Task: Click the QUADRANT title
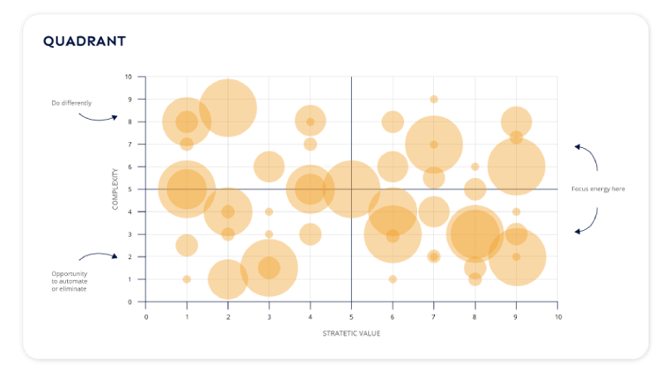[x=85, y=41]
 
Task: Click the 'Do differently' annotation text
[x=70, y=103]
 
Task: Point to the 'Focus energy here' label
[x=598, y=189]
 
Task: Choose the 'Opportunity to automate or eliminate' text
[x=69, y=281]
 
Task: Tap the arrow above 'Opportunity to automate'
[x=97, y=256]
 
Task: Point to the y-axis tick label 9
[x=130, y=100]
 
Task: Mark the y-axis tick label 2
[x=130, y=257]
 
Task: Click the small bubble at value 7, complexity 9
[x=434, y=100]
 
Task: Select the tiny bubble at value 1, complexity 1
[x=187, y=279]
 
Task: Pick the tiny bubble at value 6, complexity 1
[x=393, y=279]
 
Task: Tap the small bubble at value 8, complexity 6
[x=474, y=167]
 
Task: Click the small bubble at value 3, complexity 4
[x=268, y=211]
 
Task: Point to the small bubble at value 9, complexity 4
[x=516, y=211]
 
